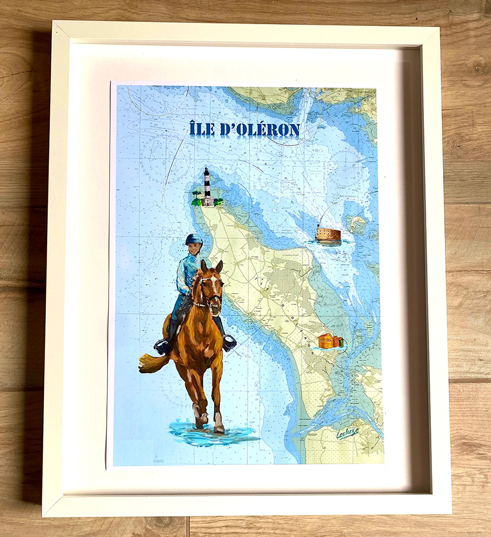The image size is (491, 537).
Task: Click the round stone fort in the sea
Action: click(328, 234)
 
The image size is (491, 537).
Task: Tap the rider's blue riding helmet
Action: click(193, 239)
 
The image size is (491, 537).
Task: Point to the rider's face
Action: click(195, 249)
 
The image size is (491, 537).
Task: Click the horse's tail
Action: click(152, 363)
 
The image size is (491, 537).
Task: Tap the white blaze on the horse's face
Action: click(213, 285)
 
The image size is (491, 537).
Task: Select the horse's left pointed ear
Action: click(203, 266)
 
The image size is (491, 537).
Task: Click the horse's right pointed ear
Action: click(220, 266)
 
